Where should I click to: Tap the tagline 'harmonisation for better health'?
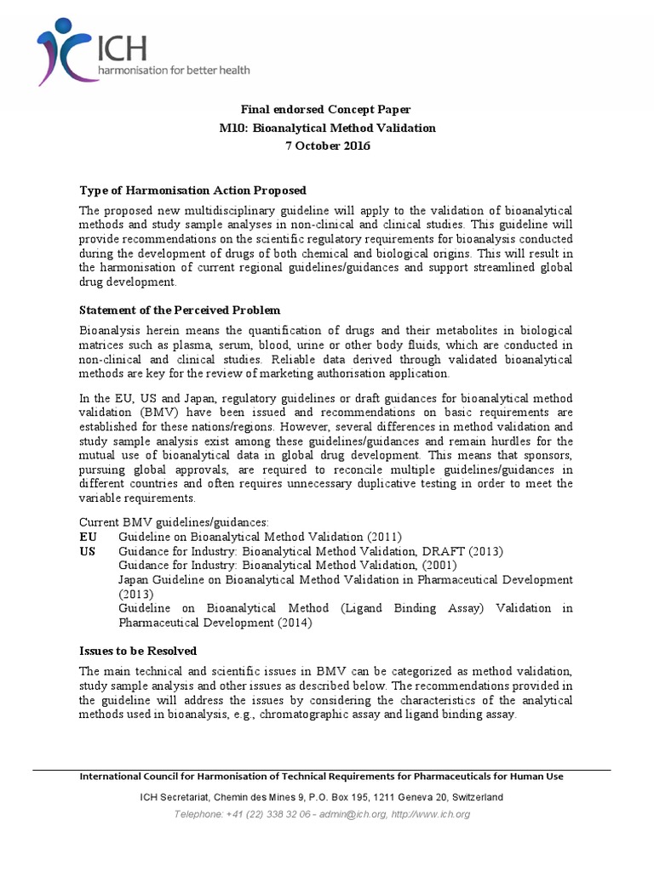coord(175,71)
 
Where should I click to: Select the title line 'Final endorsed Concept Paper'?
coord(327,110)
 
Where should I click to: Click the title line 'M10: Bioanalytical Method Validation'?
coord(327,128)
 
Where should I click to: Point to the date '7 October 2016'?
coord(327,145)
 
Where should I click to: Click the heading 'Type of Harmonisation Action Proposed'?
coord(192,190)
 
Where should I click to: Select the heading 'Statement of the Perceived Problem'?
coord(180,310)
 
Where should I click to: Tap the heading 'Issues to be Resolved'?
coord(138,651)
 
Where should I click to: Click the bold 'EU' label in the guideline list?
coord(88,537)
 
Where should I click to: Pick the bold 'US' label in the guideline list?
coord(88,551)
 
